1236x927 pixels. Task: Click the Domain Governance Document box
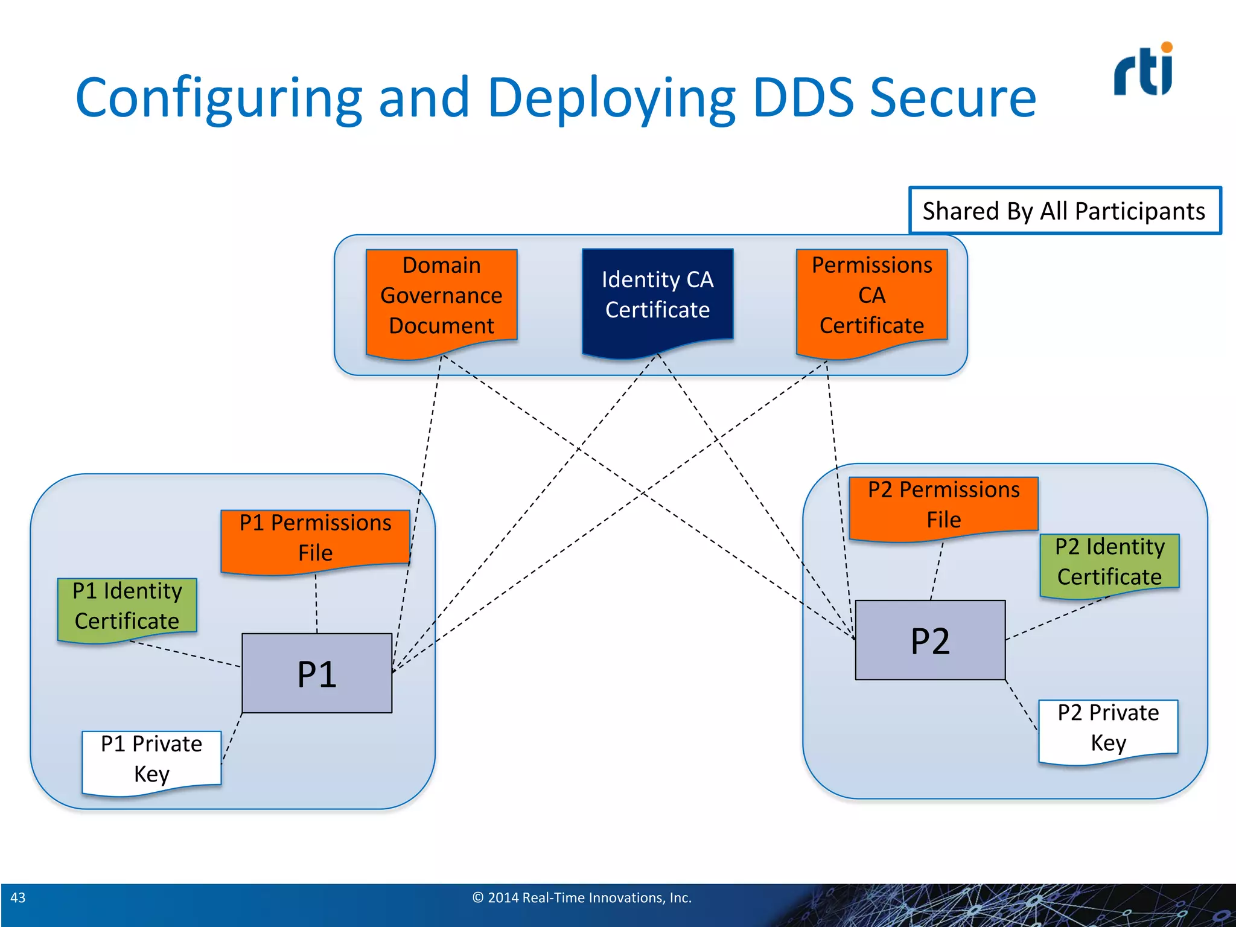[x=441, y=296]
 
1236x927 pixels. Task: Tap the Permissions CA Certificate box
[x=871, y=296]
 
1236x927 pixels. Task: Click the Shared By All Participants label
[x=1064, y=211]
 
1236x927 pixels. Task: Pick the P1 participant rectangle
[x=317, y=673]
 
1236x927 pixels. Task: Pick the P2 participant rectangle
[x=930, y=640]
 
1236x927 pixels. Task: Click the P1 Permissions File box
[x=315, y=538]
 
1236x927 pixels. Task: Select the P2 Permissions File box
[x=943, y=505]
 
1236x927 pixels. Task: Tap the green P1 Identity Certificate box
[x=127, y=606]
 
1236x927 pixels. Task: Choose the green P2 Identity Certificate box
[x=1109, y=562]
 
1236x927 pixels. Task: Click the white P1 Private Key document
[x=151, y=759]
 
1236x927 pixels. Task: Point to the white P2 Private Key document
[x=1108, y=728]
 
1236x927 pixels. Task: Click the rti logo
[x=1143, y=71]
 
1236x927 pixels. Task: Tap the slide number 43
[x=18, y=897]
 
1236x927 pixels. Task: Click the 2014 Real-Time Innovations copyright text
[x=582, y=897]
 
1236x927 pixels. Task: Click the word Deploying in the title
[x=611, y=98]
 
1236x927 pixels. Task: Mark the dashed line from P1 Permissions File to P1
[x=316, y=604]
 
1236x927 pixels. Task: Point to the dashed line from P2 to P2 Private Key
[x=1022, y=705]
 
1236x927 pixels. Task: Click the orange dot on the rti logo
[x=1167, y=48]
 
